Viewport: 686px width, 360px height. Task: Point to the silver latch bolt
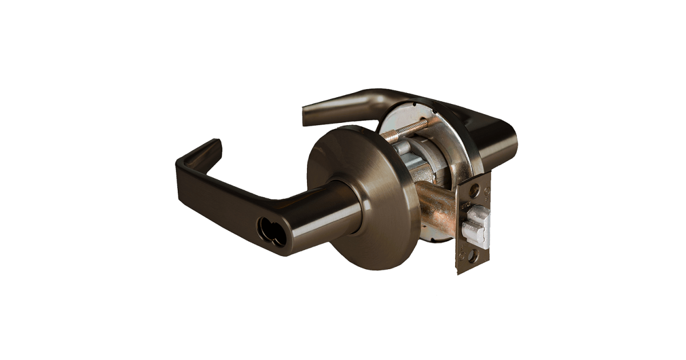(x=476, y=229)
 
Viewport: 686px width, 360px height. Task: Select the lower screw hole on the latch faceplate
(x=472, y=257)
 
